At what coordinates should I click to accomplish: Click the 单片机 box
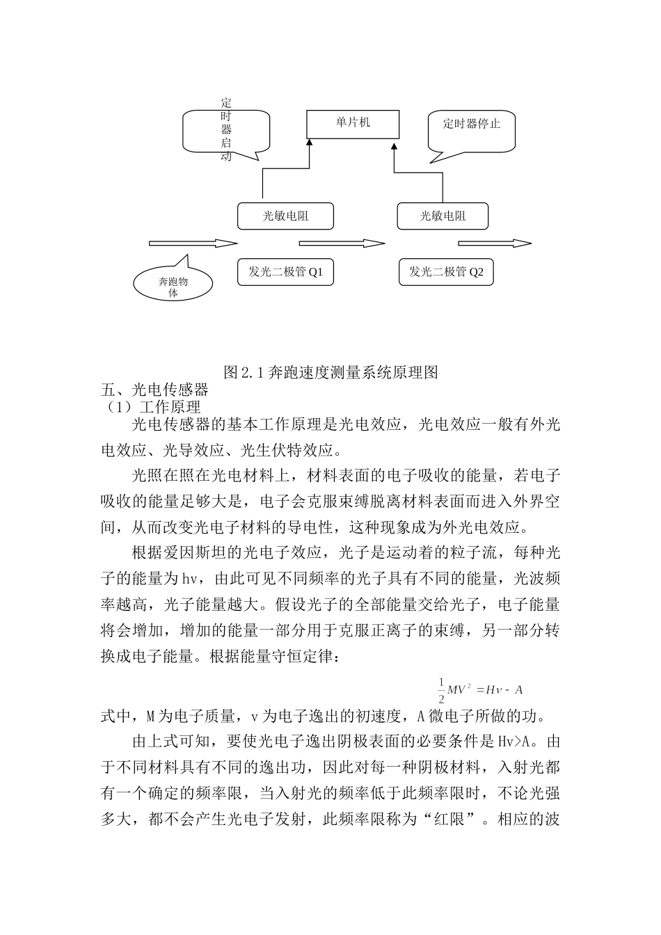click(x=353, y=123)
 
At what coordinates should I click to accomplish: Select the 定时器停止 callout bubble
click(x=471, y=129)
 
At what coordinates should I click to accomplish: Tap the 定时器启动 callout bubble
click(x=225, y=129)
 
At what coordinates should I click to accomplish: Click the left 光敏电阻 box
click(x=285, y=216)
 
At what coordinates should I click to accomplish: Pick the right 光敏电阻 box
click(x=443, y=216)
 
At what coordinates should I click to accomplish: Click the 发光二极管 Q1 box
click(x=285, y=272)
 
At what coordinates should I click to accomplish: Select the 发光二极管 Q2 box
click(x=446, y=272)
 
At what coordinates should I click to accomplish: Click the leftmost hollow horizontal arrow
click(x=193, y=243)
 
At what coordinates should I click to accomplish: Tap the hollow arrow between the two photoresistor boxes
click(x=342, y=243)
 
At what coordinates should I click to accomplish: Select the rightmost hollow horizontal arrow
click(x=495, y=243)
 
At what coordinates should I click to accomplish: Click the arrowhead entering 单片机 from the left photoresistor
click(x=310, y=142)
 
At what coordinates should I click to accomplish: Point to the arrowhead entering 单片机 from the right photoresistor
click(x=395, y=145)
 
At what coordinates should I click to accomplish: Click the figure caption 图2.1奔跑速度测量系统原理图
click(x=330, y=372)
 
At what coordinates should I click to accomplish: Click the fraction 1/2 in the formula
click(x=440, y=689)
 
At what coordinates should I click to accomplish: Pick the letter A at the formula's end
click(x=518, y=690)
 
